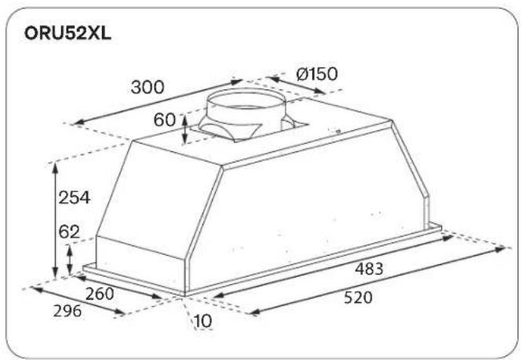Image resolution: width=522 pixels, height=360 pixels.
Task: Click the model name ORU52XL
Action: [68, 34]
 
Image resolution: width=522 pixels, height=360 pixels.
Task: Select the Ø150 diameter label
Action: [317, 74]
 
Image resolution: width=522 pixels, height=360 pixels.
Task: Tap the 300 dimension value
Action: [148, 87]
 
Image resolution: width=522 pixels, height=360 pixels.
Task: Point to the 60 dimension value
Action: [165, 120]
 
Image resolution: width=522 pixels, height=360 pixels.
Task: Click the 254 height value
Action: [75, 198]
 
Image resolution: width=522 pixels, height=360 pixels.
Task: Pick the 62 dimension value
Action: [69, 232]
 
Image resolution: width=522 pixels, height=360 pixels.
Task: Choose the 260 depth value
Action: [100, 294]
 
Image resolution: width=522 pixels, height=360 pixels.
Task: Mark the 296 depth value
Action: [68, 311]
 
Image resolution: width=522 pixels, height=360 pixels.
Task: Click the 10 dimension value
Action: [203, 321]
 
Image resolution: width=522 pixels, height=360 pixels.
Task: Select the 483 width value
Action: [369, 269]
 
